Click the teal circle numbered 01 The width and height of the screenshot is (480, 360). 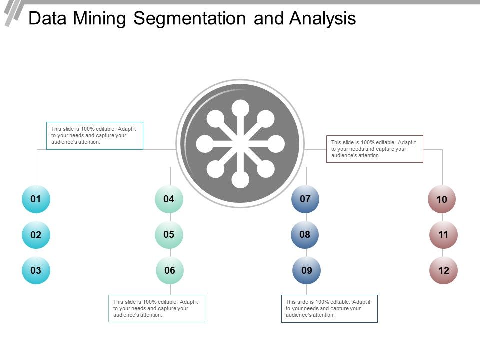(36, 199)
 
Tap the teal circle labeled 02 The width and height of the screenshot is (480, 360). (36, 235)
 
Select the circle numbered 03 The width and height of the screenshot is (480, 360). (36, 271)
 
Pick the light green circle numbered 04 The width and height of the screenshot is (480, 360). (169, 199)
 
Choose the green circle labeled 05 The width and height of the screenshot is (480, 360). (169, 234)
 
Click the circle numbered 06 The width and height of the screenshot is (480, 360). (170, 271)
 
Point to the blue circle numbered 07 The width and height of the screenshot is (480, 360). (305, 199)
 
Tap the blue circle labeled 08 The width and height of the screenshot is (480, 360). (305, 234)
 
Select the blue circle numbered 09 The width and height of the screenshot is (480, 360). (306, 271)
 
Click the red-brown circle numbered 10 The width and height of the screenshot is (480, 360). (442, 200)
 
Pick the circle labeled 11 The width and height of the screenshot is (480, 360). (443, 235)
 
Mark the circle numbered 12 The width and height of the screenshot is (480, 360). (444, 271)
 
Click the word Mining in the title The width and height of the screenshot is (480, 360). (102, 19)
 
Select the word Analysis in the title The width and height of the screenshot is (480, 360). (322, 19)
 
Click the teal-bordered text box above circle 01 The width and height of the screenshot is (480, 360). (95, 136)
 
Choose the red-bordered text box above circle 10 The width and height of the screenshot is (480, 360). (375, 149)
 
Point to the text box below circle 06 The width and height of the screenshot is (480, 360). (157, 308)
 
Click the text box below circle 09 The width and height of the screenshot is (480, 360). (329, 308)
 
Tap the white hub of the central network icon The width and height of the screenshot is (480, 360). (240, 144)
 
